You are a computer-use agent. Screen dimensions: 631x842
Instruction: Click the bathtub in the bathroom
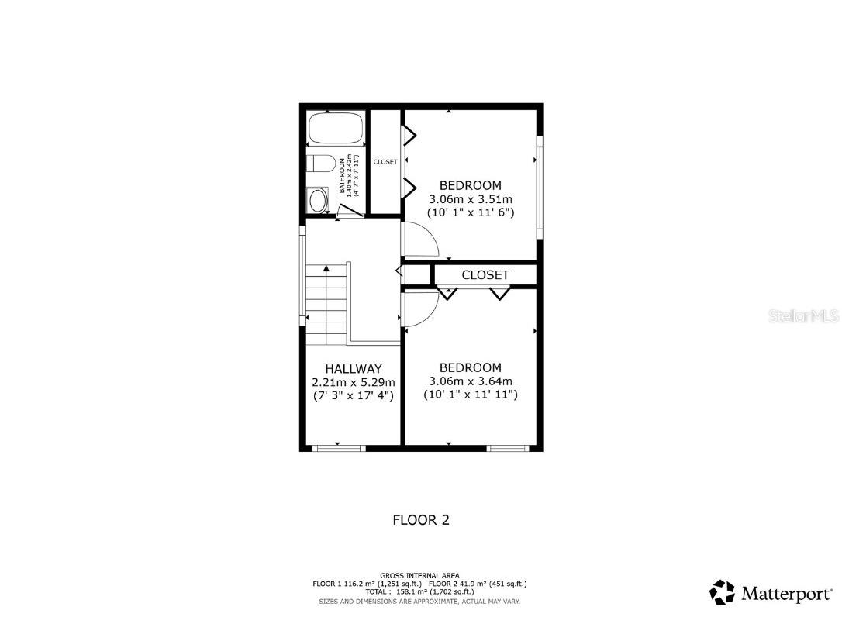pyautogui.click(x=336, y=129)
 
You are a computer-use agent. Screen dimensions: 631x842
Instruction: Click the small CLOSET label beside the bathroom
pyautogui.click(x=385, y=162)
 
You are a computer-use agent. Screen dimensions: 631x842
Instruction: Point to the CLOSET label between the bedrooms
pyautogui.click(x=485, y=275)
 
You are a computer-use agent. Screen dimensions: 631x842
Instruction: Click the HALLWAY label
pyautogui.click(x=354, y=369)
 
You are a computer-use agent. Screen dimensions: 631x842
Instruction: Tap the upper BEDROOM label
pyautogui.click(x=471, y=185)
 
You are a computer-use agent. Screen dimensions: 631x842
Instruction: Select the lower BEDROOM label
pyautogui.click(x=471, y=367)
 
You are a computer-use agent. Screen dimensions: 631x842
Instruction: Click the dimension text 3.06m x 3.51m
pyautogui.click(x=471, y=198)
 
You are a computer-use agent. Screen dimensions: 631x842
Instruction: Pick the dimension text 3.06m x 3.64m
pyautogui.click(x=471, y=381)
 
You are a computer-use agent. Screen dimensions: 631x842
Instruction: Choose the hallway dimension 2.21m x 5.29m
pyautogui.click(x=354, y=382)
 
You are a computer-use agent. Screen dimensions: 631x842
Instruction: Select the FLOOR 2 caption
pyautogui.click(x=421, y=520)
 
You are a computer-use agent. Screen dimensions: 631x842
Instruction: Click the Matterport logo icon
pyautogui.click(x=723, y=592)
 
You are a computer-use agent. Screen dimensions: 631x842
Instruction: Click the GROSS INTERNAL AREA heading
pyautogui.click(x=419, y=575)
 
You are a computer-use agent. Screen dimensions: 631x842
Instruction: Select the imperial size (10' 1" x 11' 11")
pyautogui.click(x=471, y=395)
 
